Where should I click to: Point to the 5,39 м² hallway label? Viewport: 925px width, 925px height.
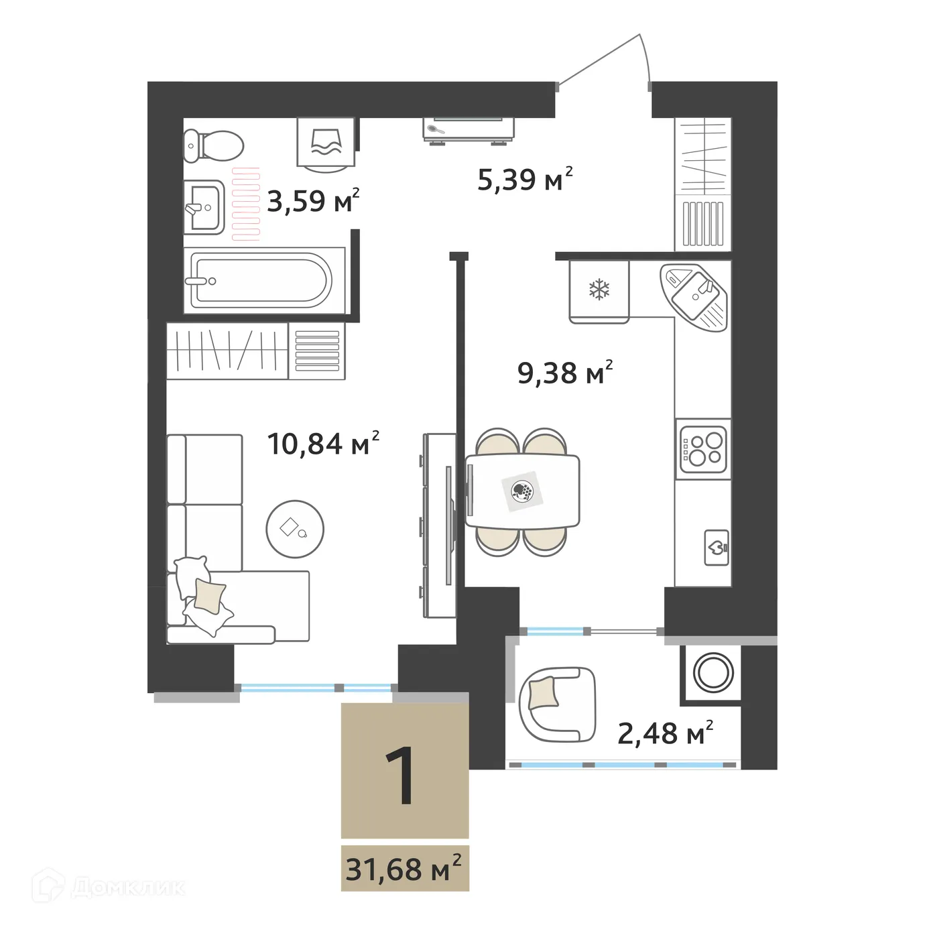[525, 179]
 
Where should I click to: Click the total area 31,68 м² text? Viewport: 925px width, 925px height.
[404, 869]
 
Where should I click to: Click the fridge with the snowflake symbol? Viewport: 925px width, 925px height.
[599, 290]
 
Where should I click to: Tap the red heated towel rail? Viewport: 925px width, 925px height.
[246, 204]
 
